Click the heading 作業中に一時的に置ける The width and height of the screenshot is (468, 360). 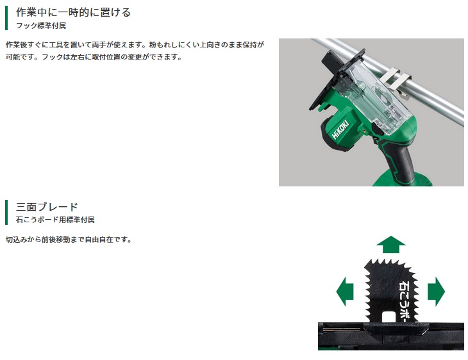[73, 12]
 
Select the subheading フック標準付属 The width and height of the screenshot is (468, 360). [41, 26]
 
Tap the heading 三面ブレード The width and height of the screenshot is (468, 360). [47, 207]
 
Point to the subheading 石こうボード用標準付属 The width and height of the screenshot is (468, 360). [55, 220]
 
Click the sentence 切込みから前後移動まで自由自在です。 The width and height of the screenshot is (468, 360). [69, 240]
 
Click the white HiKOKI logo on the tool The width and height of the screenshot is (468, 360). [340, 129]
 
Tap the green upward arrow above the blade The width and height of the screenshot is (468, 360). [390, 244]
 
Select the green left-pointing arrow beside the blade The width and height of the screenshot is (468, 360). [345, 291]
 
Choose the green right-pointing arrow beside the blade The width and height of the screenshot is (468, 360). [436, 291]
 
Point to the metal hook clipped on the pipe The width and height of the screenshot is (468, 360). [396, 82]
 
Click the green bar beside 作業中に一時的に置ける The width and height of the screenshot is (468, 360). [6, 18]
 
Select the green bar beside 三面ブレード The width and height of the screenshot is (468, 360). [6, 212]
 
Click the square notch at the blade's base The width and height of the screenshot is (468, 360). [387, 317]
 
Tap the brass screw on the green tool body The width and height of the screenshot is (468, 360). [364, 131]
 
